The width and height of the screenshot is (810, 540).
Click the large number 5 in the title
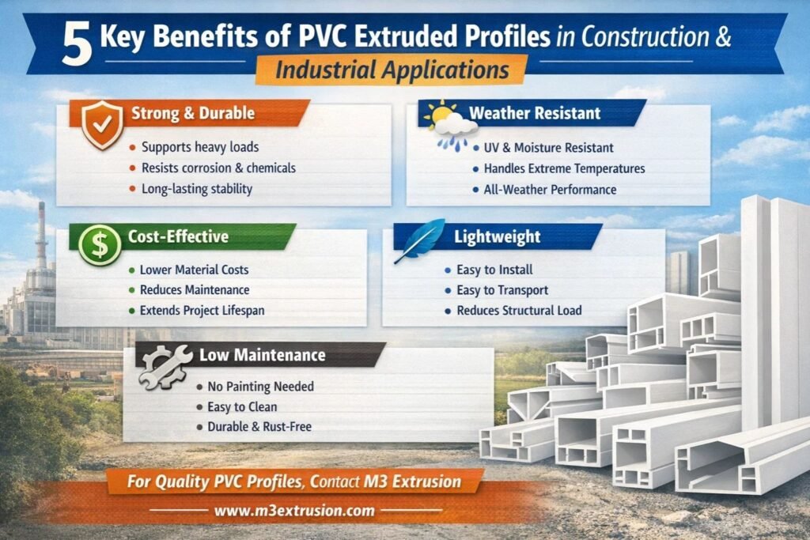[78, 45]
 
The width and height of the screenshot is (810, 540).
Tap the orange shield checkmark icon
[102, 124]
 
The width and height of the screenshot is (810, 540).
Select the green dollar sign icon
[99, 245]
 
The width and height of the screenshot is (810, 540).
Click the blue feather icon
[419, 240]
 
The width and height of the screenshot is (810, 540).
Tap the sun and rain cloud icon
[449, 126]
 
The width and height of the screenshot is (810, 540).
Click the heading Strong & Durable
[193, 113]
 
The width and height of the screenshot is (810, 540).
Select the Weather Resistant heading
[535, 113]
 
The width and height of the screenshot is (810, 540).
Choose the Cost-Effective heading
[178, 236]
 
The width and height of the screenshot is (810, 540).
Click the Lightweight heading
[498, 236]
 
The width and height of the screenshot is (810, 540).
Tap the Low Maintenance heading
[263, 355]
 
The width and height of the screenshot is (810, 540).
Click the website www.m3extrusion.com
[294, 511]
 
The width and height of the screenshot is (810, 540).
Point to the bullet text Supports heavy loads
[200, 147]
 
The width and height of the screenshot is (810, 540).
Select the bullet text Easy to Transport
[502, 290]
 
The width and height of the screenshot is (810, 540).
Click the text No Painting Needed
[260, 386]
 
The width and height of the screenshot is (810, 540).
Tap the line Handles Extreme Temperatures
[564, 169]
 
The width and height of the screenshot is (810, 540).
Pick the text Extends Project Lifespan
[202, 310]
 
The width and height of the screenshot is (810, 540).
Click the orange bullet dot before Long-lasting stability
[132, 189]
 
